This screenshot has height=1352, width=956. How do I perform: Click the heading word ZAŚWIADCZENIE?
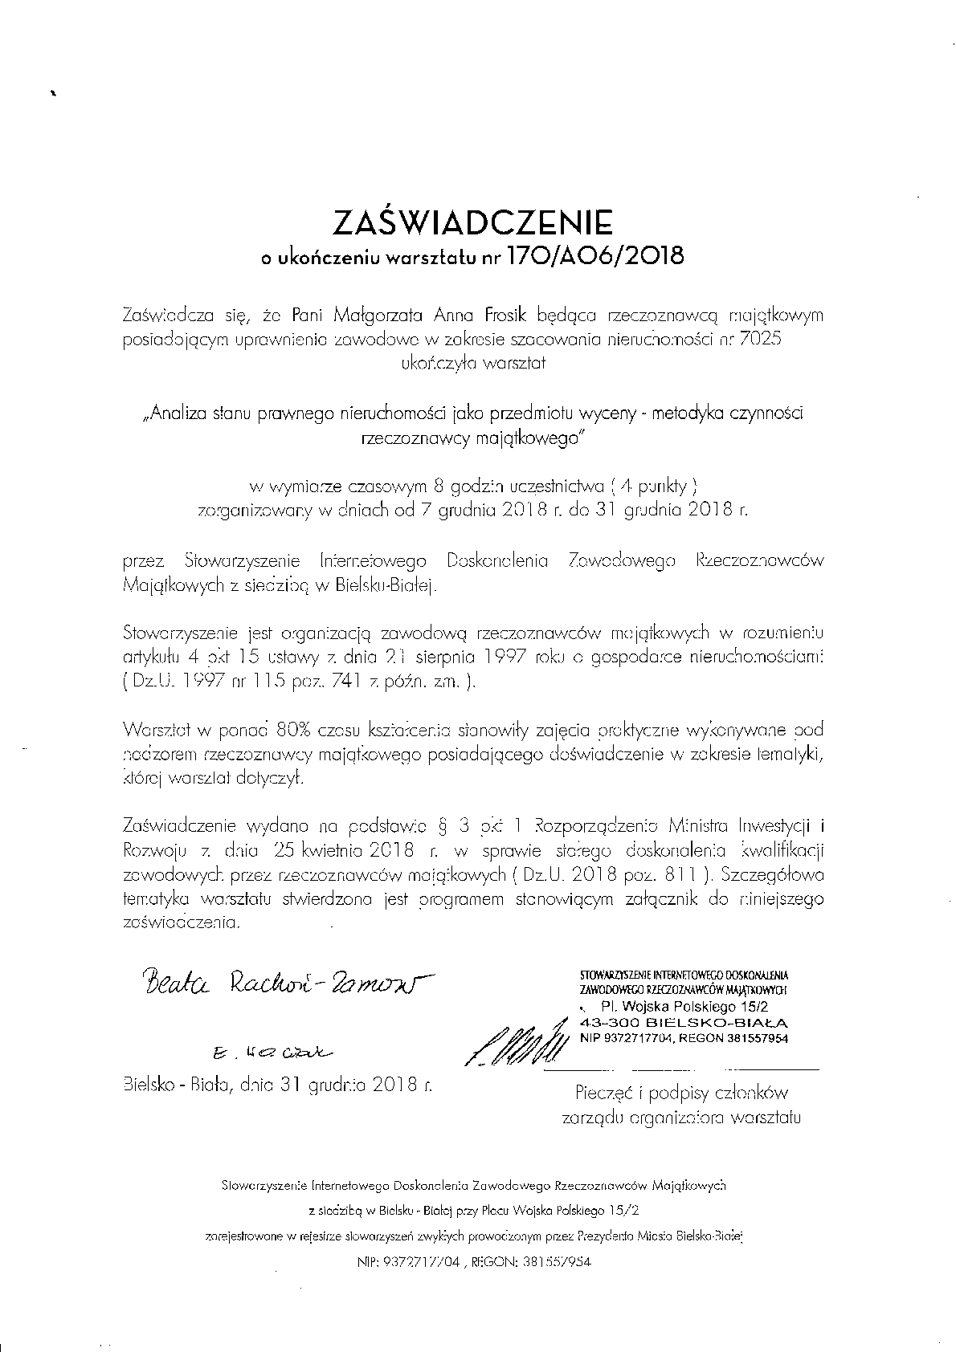click(477, 222)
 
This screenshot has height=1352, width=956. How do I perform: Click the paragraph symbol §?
click(440, 825)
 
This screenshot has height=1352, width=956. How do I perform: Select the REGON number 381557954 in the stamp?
click(750, 1039)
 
